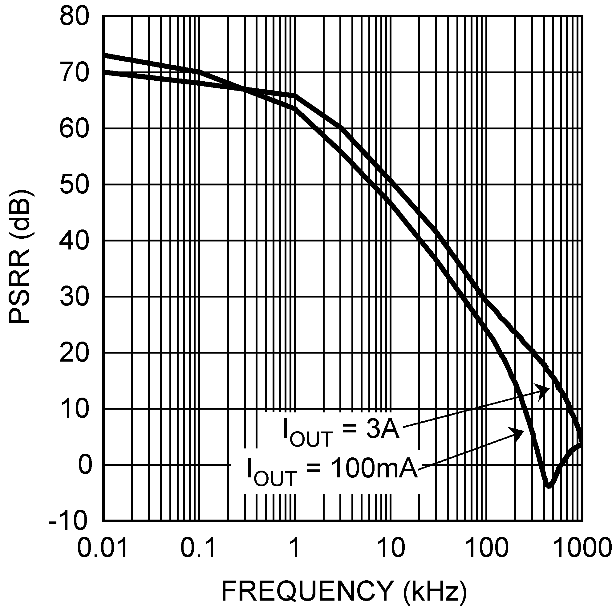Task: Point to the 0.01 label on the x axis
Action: (103, 549)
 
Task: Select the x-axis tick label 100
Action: (486, 549)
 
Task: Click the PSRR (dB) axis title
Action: (20, 257)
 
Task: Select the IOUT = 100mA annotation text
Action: (332, 471)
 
